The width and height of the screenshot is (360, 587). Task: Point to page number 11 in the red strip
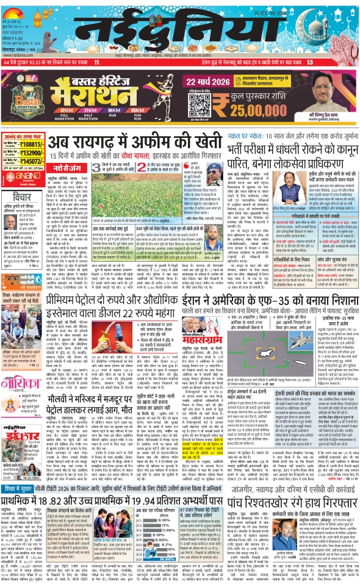(x=96, y=63)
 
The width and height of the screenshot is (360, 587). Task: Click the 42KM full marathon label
(x=65, y=110)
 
